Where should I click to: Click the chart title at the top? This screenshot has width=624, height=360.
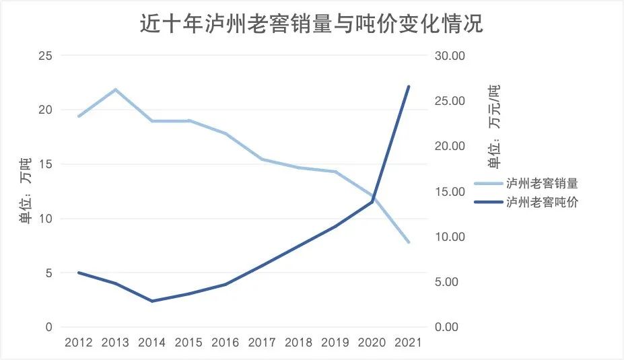pos(311,25)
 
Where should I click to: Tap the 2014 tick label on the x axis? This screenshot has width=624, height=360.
pos(152,343)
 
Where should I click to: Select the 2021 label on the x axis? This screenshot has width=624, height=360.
pos(407,343)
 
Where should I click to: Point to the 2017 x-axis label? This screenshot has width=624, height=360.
pos(262,343)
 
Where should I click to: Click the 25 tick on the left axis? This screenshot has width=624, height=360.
pos(45,55)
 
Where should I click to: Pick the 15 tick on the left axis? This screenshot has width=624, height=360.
pos(45,164)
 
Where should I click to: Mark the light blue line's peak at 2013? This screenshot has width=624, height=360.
pos(116,89)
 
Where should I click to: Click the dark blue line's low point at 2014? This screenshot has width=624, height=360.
pos(152,301)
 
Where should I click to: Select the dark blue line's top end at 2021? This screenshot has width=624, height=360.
pos(408,86)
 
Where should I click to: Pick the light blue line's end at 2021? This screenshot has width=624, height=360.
pos(408,242)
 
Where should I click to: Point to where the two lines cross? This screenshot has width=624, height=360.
pos(373,199)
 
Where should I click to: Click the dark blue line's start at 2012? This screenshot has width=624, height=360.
pos(79,273)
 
